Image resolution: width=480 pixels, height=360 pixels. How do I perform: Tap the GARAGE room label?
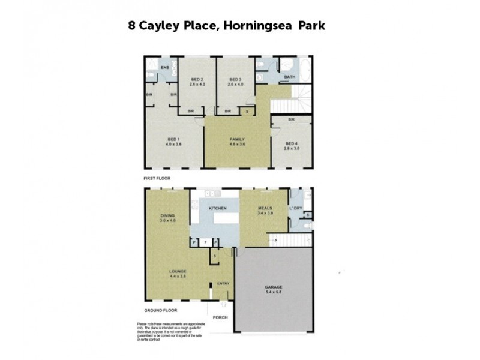(274, 287)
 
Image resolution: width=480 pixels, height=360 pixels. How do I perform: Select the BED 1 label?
(173, 139)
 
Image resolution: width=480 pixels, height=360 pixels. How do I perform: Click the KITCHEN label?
(217, 208)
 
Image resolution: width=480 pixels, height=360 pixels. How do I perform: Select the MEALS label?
(265, 208)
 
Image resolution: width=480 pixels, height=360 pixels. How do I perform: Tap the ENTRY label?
(223, 283)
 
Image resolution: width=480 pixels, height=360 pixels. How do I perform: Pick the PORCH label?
(220, 317)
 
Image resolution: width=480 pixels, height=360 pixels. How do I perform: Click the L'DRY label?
(295, 208)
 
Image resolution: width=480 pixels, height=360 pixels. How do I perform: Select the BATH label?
(290, 77)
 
